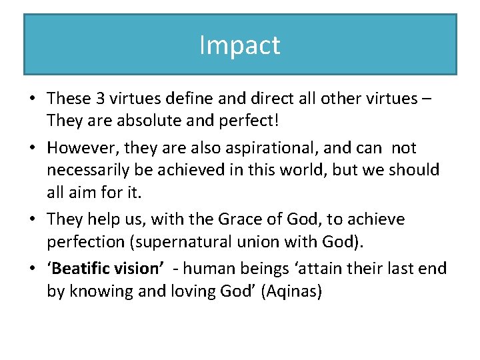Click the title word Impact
tap(240, 45)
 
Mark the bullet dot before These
tap(32, 99)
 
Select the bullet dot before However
tap(32, 147)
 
